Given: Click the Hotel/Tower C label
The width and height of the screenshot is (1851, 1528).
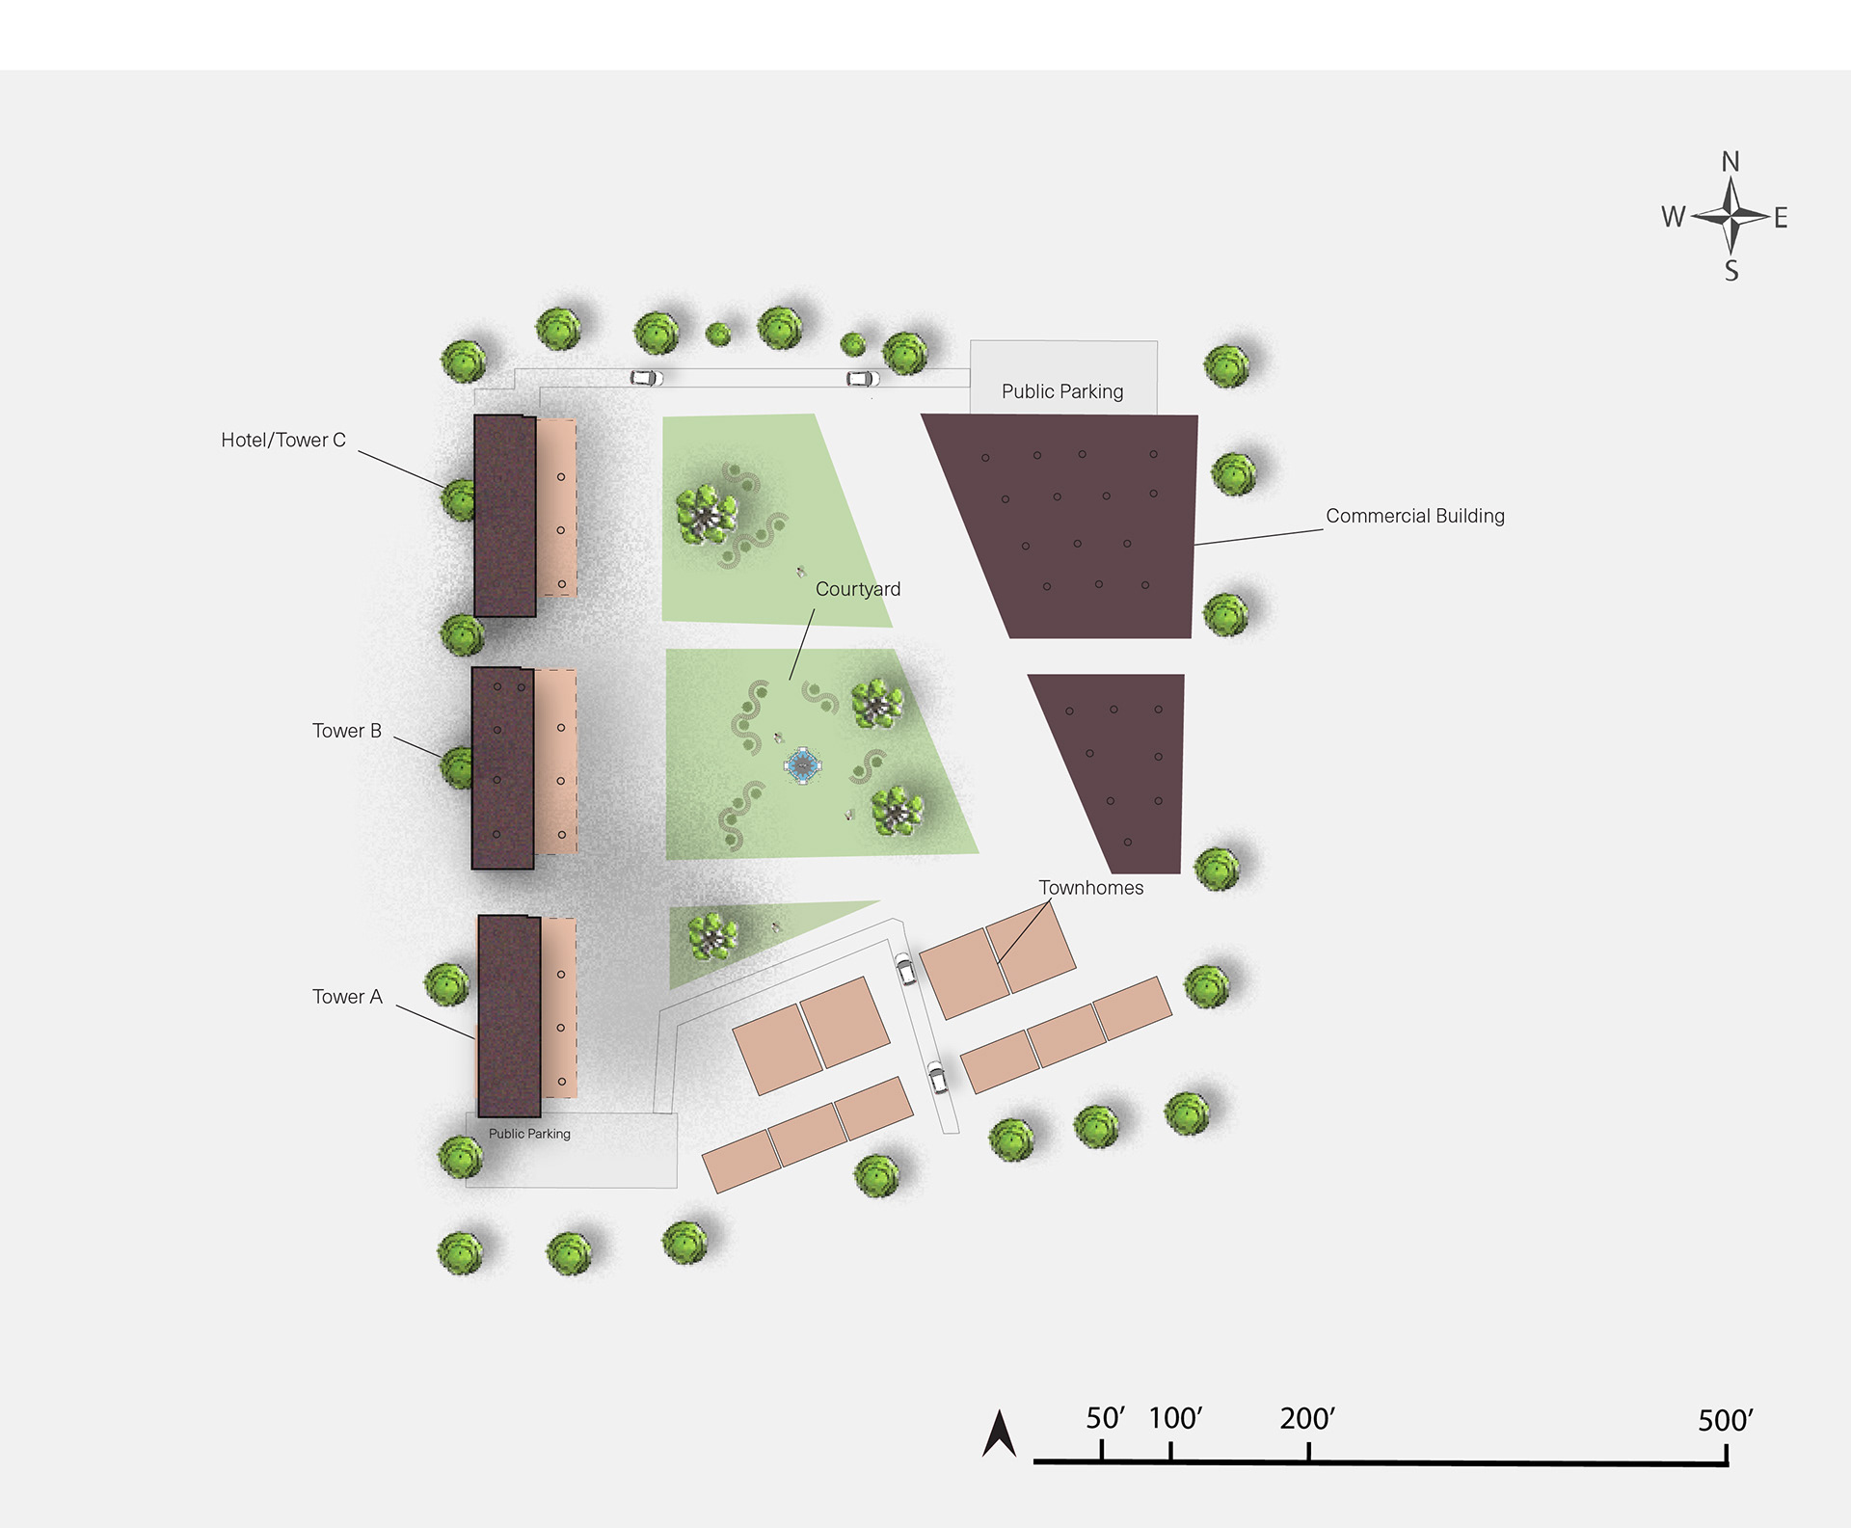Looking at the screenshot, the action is pos(283,441).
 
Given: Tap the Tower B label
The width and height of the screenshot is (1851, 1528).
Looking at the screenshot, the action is pos(347,731).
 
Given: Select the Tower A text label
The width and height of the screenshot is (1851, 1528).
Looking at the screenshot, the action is pos(347,997).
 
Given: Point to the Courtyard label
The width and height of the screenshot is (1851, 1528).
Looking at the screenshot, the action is pos(858,589).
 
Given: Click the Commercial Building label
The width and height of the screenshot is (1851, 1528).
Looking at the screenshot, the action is pos(1415,516).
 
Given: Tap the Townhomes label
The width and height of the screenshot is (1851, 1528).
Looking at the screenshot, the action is pos(1091,888).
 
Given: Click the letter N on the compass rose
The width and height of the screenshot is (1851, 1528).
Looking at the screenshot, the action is pos(1730,161).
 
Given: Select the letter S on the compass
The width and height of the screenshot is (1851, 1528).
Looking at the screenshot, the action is pos(1731,271).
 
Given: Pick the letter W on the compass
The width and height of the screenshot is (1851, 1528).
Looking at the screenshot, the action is pos(1673,217).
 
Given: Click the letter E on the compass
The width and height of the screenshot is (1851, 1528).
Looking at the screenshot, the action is pos(1781,218).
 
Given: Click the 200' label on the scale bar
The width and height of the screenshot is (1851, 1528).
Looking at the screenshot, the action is pos(1307,1419).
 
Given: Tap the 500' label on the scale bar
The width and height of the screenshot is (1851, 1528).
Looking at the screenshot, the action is pos(1726,1421).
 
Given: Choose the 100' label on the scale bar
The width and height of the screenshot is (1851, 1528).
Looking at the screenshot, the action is pos(1175,1418).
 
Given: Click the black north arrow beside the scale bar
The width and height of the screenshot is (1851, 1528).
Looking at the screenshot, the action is pos(999,1434).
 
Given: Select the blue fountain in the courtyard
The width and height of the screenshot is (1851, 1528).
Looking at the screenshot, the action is pos(802,765).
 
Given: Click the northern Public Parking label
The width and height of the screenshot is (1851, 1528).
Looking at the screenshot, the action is pos(1062,391).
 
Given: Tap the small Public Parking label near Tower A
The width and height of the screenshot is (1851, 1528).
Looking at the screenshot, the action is pos(529,1134).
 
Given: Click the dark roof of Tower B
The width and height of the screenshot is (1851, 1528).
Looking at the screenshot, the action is pos(502,768).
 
